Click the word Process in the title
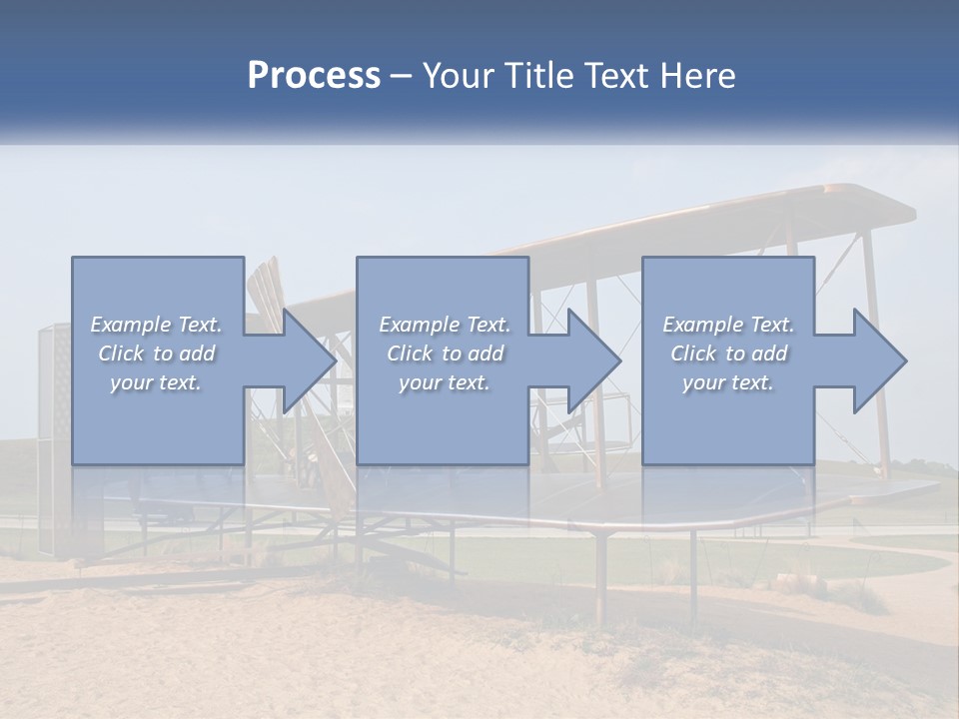(314, 76)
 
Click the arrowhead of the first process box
(309, 360)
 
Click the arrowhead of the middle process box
(594, 360)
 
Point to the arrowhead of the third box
(879, 360)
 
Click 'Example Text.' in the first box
(156, 325)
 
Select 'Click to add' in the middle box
(445, 354)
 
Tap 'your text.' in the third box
(728, 382)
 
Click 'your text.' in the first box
(156, 382)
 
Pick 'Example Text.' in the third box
(728, 325)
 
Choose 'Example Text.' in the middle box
(445, 325)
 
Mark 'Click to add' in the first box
(156, 354)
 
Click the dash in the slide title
(402, 76)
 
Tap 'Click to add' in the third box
(728, 354)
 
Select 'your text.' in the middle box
(445, 382)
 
